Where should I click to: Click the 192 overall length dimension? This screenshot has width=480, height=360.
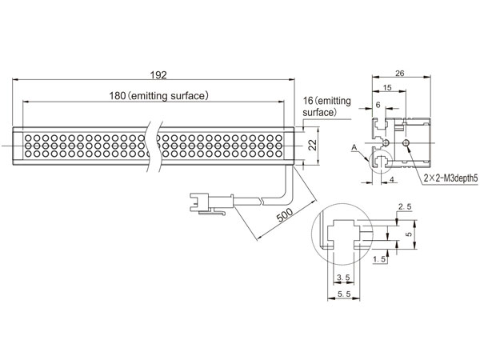pyautogui.click(x=158, y=75)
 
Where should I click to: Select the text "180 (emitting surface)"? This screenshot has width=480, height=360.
pyautogui.click(x=159, y=96)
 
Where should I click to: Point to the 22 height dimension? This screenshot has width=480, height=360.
pyautogui.click(x=313, y=146)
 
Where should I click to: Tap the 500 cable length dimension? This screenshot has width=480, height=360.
pyautogui.click(x=285, y=215)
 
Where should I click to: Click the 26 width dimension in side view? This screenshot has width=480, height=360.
pyautogui.click(x=399, y=73)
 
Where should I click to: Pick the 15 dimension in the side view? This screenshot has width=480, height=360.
pyautogui.click(x=387, y=88)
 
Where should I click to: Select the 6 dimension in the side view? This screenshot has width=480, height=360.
pyautogui.click(x=378, y=105)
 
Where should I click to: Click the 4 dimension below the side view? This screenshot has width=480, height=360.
pyautogui.click(x=392, y=180)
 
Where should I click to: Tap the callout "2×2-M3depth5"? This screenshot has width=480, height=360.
pyautogui.click(x=450, y=178)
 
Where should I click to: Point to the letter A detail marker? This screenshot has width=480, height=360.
pyautogui.click(x=354, y=148)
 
